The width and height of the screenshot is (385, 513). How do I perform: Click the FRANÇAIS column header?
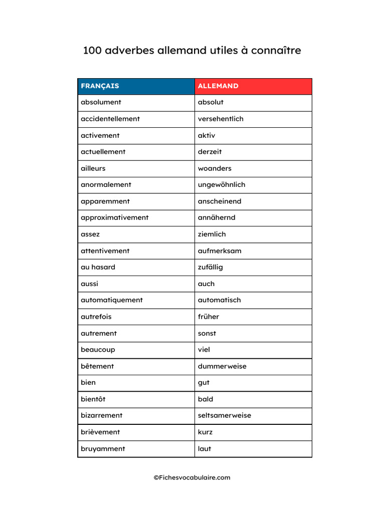pos(100,86)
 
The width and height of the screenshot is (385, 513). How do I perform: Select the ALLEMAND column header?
pos(218,86)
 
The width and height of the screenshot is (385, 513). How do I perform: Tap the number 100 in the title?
pos(92,51)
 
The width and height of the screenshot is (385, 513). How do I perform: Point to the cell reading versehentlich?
pos(221,119)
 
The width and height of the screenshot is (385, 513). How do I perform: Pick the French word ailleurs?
pos(93,168)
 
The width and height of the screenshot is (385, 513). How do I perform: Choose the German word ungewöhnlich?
pos(222,184)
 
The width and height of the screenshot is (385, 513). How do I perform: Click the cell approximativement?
pos(114,217)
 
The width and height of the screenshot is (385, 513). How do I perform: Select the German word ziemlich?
pos(212,234)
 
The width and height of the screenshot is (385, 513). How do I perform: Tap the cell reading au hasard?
pos(98,267)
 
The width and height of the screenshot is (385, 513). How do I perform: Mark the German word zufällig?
pos(211,267)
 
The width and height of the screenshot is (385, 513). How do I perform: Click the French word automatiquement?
pos(112,300)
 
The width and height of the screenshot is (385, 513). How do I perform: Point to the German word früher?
pos(209,317)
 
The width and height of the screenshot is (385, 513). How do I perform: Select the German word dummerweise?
pos(222,366)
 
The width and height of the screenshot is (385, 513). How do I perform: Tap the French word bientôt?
pos(93,399)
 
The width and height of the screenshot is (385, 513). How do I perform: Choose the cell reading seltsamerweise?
pos(225,415)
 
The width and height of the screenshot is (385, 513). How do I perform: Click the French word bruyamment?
pos(103,449)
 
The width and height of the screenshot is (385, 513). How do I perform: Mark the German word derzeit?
pos(210,151)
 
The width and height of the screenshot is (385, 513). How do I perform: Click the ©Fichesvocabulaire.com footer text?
pos(192,477)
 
